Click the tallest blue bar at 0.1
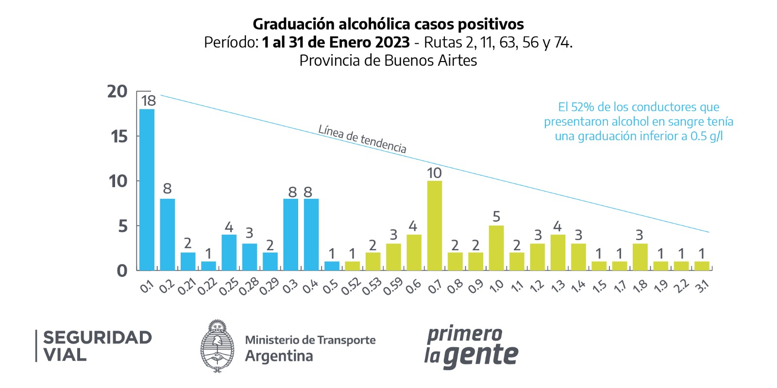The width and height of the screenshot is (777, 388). coord(147,189)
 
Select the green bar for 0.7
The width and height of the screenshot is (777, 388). coord(434,226)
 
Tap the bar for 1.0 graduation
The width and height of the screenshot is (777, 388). coord(496,248)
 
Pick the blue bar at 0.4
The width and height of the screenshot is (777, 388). coord(311,234)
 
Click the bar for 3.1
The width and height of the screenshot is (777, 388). coord(702,266)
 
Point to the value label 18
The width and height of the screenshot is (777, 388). coord(148,101)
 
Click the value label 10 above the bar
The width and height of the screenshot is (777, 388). coord(434,173)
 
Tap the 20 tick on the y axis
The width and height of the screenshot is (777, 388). coord(118,92)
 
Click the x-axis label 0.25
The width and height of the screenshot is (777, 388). coord(228,287)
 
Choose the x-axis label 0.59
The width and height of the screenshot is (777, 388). coord(392,287)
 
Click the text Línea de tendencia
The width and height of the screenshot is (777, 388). coord(362,139)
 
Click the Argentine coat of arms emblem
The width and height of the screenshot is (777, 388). coord(217,346)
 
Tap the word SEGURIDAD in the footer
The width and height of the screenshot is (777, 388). coord(98,338)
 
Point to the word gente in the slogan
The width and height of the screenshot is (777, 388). coord(481,356)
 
